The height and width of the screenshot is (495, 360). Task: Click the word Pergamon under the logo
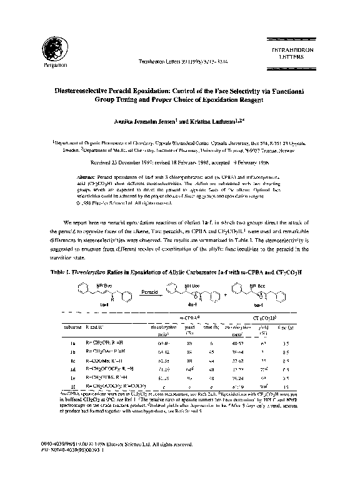tap(50, 64)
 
